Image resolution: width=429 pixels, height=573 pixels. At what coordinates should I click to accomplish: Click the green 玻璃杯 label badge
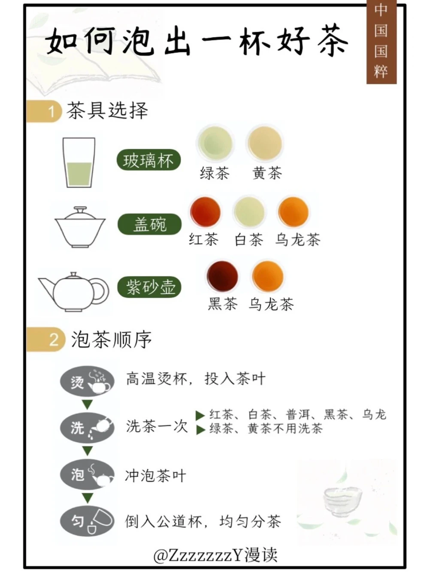pos(148,161)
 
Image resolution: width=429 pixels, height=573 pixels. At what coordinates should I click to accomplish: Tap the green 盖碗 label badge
pos(149,224)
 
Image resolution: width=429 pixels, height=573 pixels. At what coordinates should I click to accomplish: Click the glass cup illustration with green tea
pos(79,163)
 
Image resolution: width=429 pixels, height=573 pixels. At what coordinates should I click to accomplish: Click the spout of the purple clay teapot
pos(45,285)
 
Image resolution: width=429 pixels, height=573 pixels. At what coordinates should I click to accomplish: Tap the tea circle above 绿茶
pos(214,143)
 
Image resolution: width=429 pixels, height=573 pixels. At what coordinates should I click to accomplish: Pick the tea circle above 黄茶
pos(265,143)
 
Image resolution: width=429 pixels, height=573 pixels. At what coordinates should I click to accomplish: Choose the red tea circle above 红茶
pos(205,212)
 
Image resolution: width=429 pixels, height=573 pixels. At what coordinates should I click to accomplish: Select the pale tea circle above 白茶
pos(249,212)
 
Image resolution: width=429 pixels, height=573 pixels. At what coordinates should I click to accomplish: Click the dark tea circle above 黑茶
pos(222,276)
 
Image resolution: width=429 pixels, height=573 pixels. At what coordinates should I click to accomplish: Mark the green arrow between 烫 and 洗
pos(88,404)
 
